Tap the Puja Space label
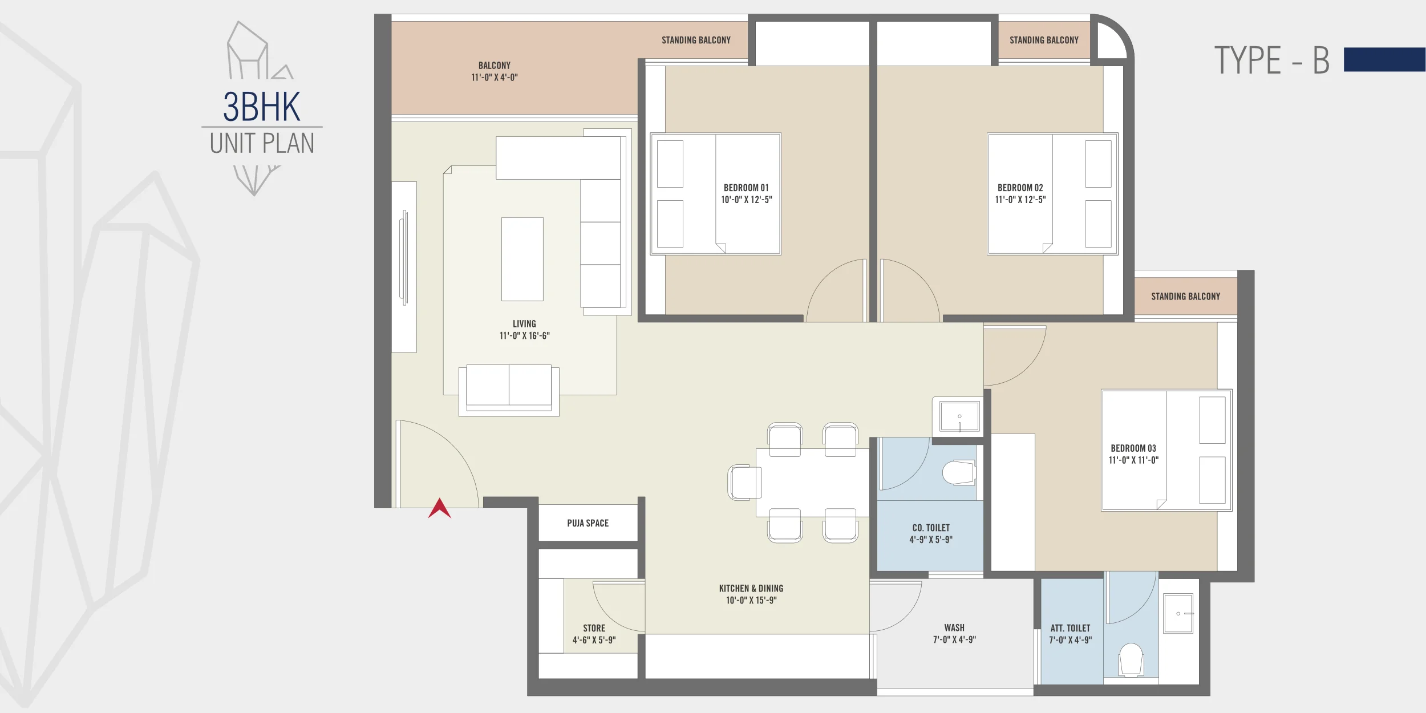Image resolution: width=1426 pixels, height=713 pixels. pos(588,523)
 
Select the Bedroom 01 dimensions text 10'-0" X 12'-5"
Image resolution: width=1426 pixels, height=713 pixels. pos(746,200)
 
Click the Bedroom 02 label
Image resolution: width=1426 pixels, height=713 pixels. pos(1020,188)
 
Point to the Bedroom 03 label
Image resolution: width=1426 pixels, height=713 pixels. pos(1133,448)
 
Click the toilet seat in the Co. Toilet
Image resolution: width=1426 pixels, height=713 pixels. pos(959,472)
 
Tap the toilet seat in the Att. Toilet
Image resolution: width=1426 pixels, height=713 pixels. pos(1131,659)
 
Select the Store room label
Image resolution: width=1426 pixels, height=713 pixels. pos(594,628)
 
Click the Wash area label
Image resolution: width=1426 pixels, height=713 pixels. pos(954,627)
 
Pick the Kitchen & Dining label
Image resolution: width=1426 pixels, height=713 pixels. pos(751,588)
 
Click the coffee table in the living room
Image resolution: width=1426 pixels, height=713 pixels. pos(522,259)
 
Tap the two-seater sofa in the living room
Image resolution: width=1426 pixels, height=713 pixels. pos(509,390)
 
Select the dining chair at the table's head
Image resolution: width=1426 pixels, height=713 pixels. pos(744,482)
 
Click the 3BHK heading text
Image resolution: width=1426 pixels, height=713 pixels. pos(261,107)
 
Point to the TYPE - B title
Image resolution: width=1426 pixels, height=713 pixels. pos(1271,60)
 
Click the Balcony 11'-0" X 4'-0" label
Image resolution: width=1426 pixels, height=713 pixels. pos(495,71)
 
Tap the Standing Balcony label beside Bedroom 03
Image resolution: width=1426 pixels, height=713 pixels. pos(1185,297)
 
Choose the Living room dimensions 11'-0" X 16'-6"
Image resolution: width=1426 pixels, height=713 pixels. pos(524,336)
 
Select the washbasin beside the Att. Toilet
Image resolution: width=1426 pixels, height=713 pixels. pos(1178,613)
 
